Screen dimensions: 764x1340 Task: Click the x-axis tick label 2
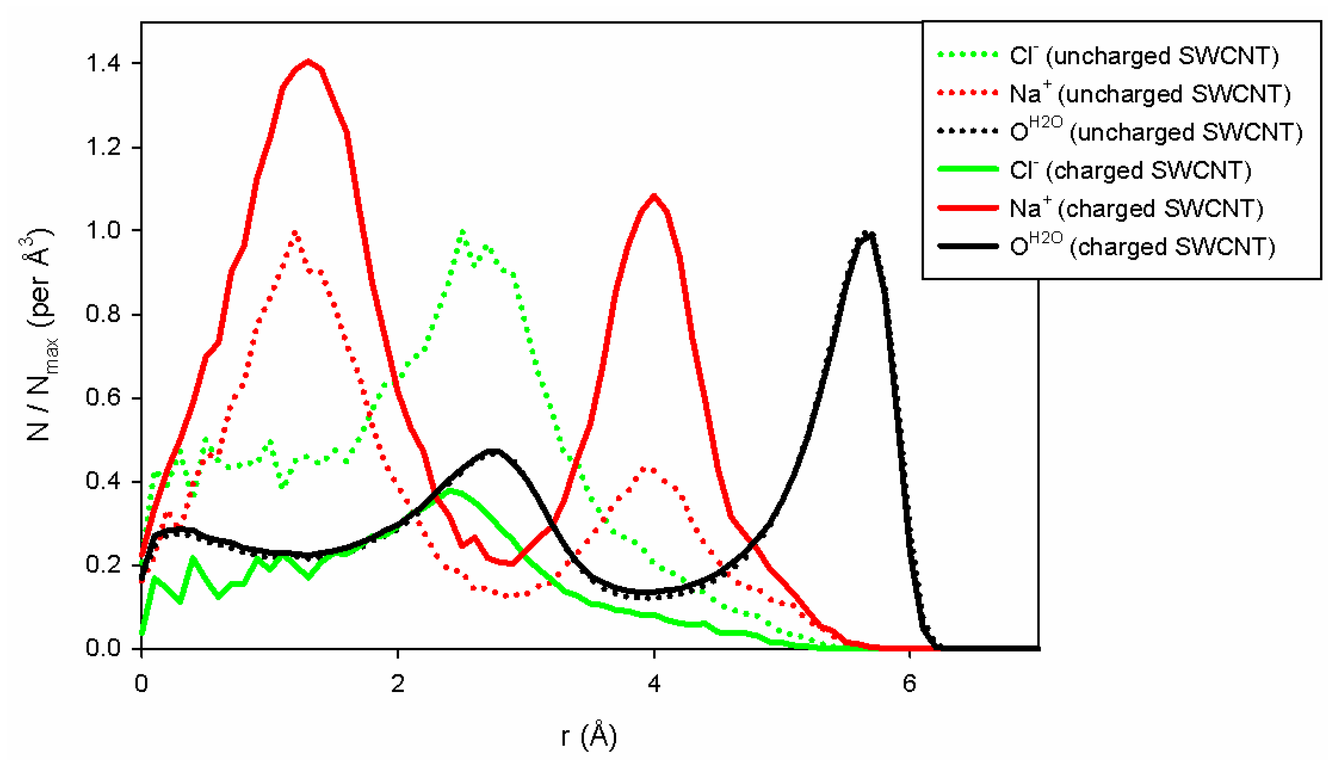(x=398, y=684)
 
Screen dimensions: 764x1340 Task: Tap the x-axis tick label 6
(x=909, y=684)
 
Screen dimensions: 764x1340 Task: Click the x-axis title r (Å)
(x=588, y=736)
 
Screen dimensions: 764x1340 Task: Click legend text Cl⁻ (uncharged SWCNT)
(x=1143, y=56)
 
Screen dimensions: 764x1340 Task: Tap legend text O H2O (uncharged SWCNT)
(x=1156, y=132)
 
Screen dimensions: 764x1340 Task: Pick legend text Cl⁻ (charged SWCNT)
(x=1130, y=171)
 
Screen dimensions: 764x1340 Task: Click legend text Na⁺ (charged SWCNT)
(x=1136, y=208)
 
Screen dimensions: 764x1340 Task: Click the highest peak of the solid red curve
(x=308, y=61)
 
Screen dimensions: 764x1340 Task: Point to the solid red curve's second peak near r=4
(x=653, y=196)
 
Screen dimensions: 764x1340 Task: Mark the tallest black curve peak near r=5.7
(x=867, y=233)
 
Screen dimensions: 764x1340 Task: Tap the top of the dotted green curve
(x=461, y=231)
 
